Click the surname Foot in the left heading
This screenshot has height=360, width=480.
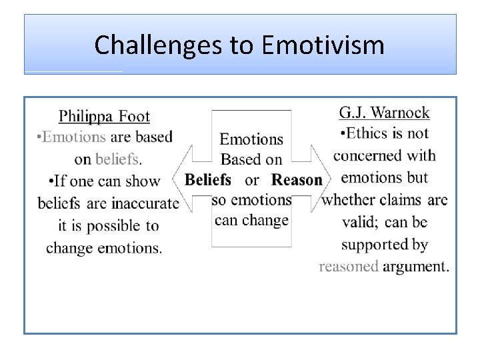click(x=135, y=117)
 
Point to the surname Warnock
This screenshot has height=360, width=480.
click(x=400, y=113)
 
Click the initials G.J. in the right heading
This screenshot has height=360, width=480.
click(x=353, y=113)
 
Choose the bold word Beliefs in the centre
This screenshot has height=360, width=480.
click(x=208, y=179)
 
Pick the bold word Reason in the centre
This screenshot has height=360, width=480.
click(x=297, y=179)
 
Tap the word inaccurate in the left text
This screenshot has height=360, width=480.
click(x=145, y=203)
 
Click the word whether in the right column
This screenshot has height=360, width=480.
click(x=347, y=200)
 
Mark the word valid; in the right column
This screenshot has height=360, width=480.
click(x=359, y=222)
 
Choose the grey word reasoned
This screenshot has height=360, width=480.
click(x=348, y=267)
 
